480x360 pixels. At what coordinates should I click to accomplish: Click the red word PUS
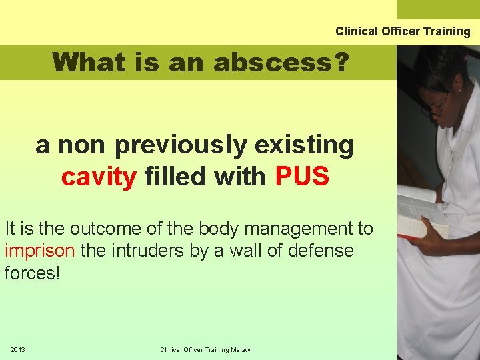302,177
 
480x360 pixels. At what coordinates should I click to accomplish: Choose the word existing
308,145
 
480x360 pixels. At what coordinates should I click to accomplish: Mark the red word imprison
39,251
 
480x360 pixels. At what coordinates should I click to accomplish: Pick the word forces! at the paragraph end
32,273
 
